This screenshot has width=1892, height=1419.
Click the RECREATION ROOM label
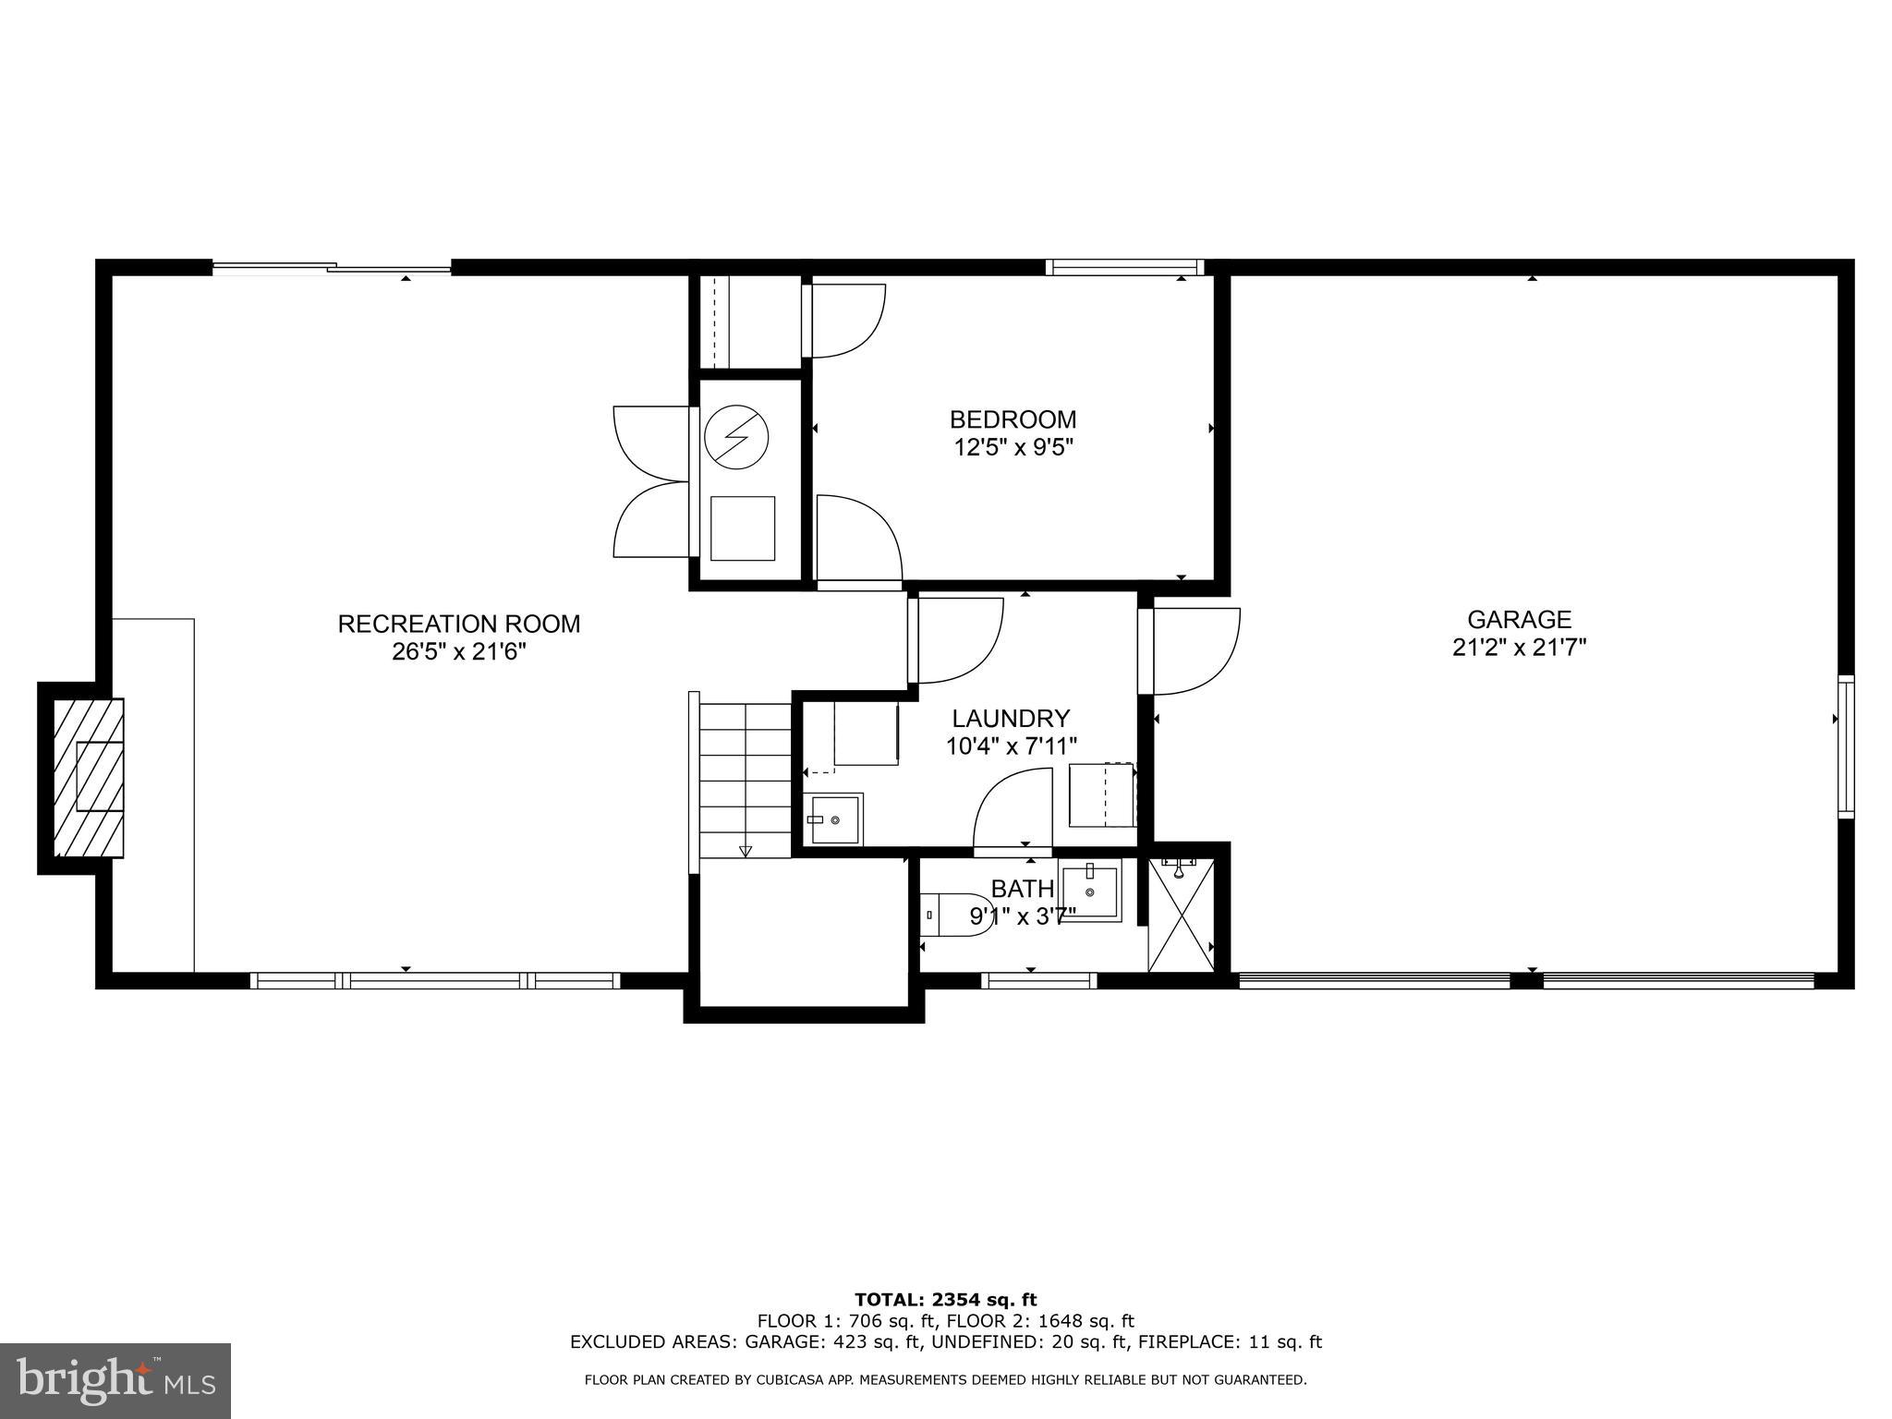459,625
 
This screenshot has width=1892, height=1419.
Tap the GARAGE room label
1520,619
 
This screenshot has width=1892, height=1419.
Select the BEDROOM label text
1013,419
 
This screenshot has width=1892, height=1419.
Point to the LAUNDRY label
1011,718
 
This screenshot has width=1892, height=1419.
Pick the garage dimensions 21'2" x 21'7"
1520,648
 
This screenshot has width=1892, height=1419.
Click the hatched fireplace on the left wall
89,777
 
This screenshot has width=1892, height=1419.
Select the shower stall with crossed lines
1180,915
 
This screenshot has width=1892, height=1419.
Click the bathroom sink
1090,891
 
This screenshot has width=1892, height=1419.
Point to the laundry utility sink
835,819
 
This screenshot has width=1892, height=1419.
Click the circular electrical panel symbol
736,438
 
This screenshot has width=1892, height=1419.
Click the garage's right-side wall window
1845,746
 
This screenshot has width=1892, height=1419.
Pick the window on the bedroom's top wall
1124,268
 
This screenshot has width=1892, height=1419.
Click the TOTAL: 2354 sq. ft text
946,1301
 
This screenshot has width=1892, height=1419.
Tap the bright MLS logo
115,1380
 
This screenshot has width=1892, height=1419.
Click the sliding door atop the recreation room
333,269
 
